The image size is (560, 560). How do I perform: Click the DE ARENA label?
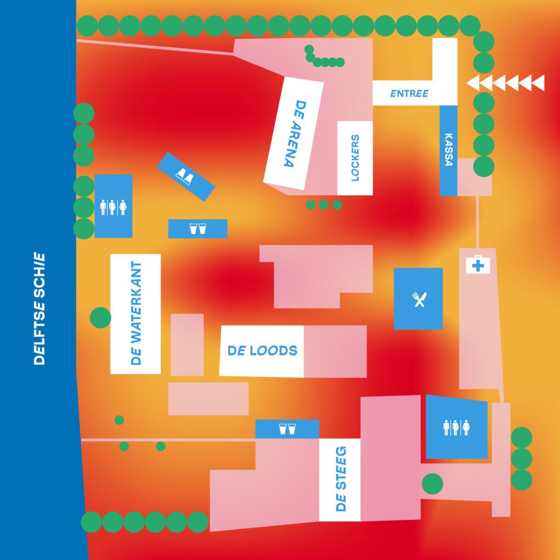(294, 133)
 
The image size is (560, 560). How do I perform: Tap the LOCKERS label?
(354, 157)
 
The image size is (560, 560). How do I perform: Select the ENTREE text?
(409, 94)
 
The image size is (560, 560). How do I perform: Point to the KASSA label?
(448, 149)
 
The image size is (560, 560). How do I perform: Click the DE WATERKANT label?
(136, 313)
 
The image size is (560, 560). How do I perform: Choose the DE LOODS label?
(262, 351)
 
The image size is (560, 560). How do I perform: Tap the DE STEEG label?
(340, 479)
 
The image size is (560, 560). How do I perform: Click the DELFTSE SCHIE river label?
(39, 309)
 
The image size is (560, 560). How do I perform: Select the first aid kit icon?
(478, 265)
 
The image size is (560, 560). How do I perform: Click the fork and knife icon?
(419, 299)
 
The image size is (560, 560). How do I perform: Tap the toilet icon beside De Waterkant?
(113, 207)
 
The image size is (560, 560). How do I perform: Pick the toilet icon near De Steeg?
(456, 427)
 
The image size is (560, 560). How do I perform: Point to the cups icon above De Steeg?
(287, 429)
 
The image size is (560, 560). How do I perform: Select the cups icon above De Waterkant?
(197, 229)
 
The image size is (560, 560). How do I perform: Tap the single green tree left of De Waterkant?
(101, 318)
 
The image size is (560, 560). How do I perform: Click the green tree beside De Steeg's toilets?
(433, 484)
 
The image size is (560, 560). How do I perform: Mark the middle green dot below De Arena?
(324, 205)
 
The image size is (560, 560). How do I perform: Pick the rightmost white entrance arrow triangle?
(538, 83)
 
